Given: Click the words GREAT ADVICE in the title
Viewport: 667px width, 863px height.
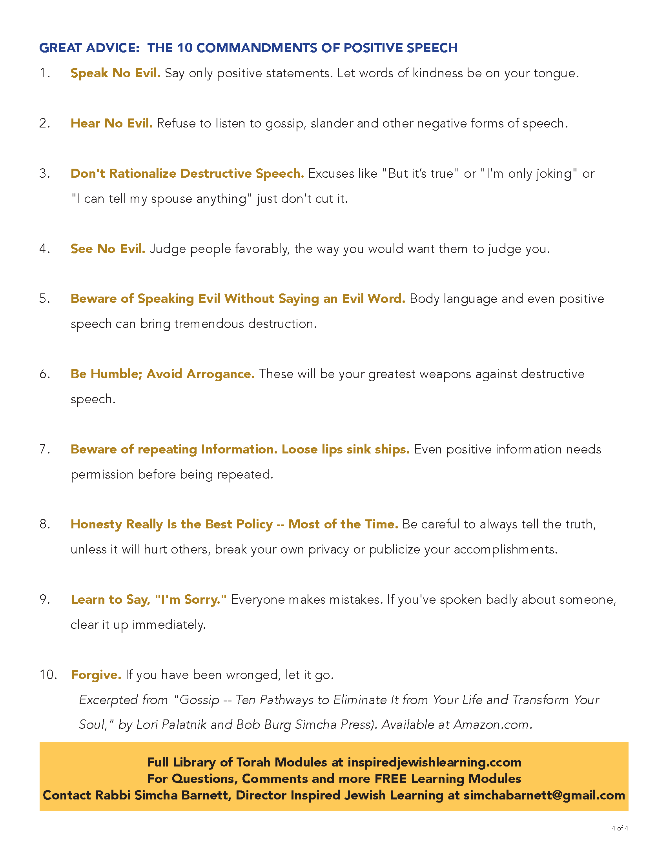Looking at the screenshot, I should tap(89, 48).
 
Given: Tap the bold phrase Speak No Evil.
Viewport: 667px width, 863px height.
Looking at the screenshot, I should tap(115, 73).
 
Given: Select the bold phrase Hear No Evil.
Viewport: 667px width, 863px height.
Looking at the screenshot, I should tap(111, 123).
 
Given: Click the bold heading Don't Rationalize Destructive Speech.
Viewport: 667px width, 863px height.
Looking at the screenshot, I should tap(187, 173).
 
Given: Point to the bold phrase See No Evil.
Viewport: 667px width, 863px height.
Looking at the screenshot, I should tap(108, 249).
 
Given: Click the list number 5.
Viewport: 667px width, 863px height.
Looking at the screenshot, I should tap(44, 299).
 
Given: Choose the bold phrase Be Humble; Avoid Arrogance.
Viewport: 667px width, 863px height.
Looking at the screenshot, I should tap(162, 374).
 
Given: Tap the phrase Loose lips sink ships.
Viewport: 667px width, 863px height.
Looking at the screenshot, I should tap(345, 449).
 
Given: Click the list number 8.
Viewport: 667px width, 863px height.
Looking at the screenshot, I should tap(44, 524).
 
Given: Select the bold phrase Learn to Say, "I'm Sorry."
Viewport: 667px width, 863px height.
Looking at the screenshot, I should tap(149, 599).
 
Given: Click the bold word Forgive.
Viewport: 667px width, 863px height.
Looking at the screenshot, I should tap(96, 675).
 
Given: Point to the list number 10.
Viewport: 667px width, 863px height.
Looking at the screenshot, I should tap(48, 675).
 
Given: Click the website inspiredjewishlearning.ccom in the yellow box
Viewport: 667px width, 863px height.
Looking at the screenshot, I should tap(434, 762).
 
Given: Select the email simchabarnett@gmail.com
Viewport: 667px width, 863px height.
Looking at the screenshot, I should tap(544, 795).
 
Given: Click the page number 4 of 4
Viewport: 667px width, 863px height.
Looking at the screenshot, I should tap(620, 828).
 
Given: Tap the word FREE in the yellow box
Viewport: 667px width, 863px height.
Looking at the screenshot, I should tap(390, 778).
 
